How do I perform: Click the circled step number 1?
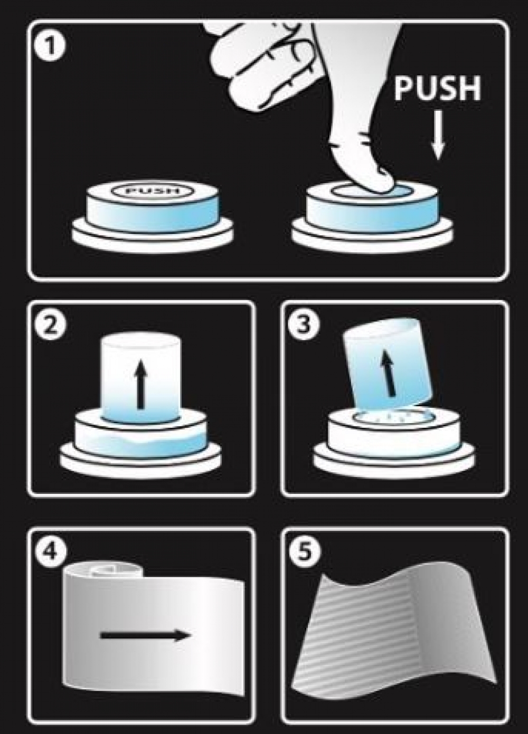(50, 47)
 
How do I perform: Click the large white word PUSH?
(437, 89)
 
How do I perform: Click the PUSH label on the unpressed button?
(153, 191)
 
